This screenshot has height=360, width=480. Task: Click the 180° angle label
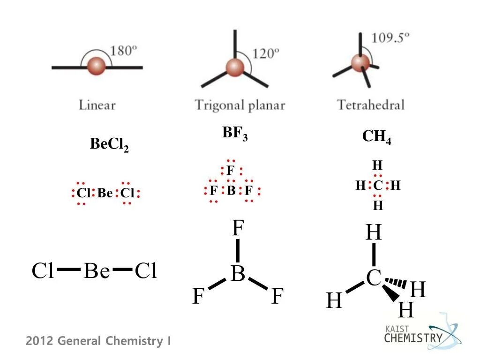click(x=123, y=51)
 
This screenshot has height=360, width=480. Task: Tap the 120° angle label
click(x=266, y=53)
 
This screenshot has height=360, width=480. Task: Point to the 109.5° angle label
click(x=390, y=37)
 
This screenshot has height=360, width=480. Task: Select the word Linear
click(x=97, y=105)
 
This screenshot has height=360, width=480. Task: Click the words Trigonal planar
click(x=240, y=105)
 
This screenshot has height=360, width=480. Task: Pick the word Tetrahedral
click(x=370, y=104)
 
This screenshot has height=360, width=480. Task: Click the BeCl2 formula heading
click(x=109, y=145)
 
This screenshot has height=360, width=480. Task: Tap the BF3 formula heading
click(x=235, y=134)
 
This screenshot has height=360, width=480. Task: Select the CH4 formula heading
click(x=376, y=137)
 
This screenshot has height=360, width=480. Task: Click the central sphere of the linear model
click(x=97, y=66)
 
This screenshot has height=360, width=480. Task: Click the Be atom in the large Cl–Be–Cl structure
click(x=97, y=271)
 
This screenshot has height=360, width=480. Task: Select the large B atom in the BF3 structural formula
click(x=238, y=274)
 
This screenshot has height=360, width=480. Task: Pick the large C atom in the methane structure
click(x=374, y=278)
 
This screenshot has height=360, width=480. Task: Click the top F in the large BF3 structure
click(x=238, y=229)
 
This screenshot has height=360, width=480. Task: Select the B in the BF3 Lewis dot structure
click(x=231, y=191)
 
